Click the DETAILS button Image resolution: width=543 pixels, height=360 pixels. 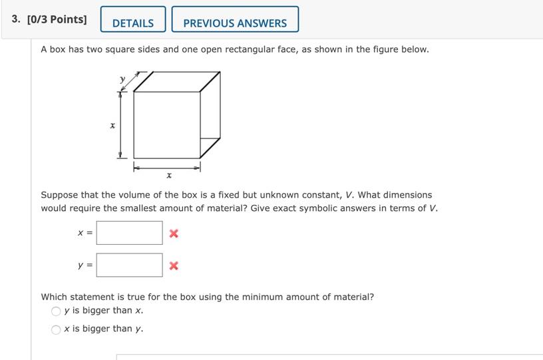point(133,23)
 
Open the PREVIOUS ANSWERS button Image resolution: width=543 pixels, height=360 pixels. point(235,23)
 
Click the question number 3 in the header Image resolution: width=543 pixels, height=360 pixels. point(15,19)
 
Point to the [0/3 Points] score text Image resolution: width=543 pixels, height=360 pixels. point(57,19)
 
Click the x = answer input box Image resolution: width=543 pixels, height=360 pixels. point(129,233)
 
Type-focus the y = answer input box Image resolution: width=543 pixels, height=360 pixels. point(129,265)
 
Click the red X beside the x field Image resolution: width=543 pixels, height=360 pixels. point(174,233)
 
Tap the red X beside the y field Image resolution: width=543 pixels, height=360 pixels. point(174,266)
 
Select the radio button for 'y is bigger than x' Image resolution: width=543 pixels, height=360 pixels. point(56,311)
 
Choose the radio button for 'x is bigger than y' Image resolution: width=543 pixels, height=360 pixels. point(56,329)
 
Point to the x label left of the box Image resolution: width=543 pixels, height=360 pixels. point(112,125)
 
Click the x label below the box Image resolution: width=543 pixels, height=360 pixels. point(169,176)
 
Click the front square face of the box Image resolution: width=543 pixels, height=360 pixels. point(166,125)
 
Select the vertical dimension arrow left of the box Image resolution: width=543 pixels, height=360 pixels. point(120,125)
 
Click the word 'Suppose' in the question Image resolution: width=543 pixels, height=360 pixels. point(60,195)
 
